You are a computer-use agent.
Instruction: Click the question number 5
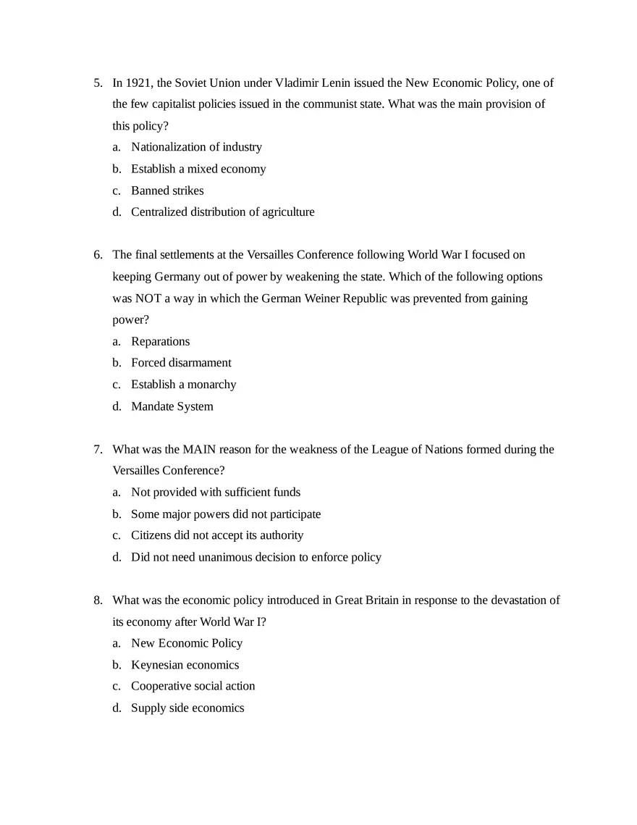pos(97,83)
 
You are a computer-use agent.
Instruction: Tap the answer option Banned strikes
pos(167,191)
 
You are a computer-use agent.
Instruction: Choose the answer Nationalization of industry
pos(196,148)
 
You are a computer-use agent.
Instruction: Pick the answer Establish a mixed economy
pos(198,169)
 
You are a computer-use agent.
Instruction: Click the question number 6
pos(97,255)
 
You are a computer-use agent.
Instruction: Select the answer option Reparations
pos(160,342)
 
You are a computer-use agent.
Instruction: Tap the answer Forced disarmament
pos(181,363)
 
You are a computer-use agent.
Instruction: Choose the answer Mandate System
pos(172,407)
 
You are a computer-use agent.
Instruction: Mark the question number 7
pos(97,450)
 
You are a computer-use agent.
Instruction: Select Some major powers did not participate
pos(226,514)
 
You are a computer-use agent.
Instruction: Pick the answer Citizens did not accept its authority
pos(217,535)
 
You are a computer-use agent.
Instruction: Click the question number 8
pos(97,600)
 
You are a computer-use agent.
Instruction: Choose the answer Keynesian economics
pos(185,665)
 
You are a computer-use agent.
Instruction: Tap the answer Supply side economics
pos(187,708)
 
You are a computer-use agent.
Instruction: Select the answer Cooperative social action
pos(193,686)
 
